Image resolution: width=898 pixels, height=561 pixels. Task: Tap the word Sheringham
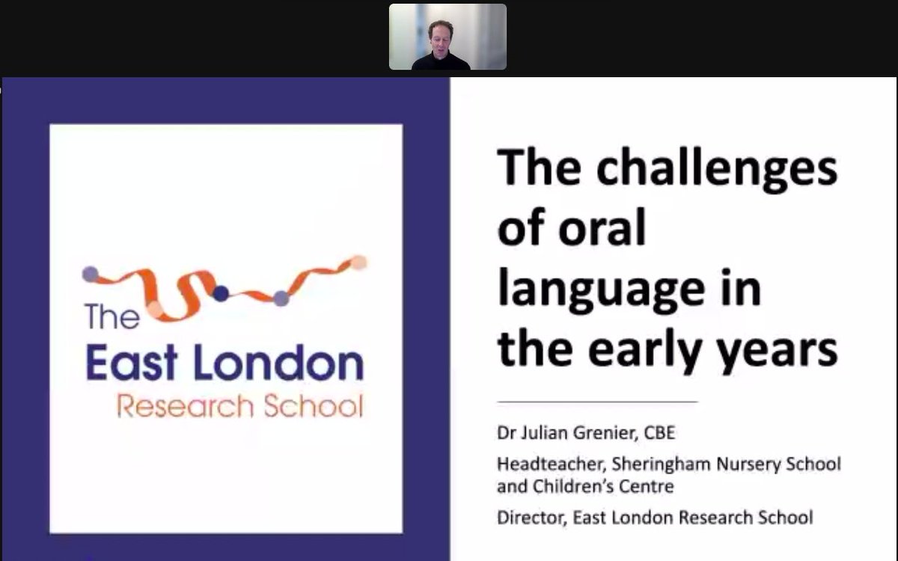641,465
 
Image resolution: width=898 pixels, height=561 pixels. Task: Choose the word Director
525,517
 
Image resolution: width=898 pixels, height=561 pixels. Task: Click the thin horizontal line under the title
597,402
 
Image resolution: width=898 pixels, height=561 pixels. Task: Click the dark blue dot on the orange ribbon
220,293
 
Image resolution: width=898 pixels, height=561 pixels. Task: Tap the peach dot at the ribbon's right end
359,263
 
